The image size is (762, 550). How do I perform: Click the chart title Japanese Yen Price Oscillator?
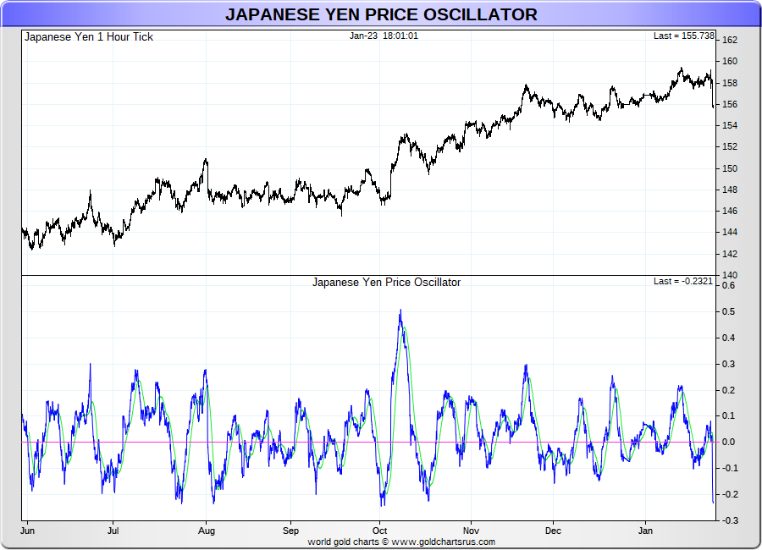coord(381,14)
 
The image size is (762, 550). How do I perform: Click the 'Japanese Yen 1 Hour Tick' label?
coord(89,36)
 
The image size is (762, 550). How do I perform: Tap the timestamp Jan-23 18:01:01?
coord(384,36)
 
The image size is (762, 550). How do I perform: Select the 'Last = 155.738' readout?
coord(684,36)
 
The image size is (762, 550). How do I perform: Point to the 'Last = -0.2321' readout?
coord(684,281)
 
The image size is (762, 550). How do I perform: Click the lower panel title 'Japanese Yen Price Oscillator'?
coord(386,282)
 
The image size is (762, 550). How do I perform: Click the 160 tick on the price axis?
coord(729,61)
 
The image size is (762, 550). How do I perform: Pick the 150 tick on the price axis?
coord(729,168)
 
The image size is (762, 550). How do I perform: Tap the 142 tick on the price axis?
coord(729,254)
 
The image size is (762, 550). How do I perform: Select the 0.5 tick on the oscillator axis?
coord(728,311)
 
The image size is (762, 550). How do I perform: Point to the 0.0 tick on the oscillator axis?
coord(728,442)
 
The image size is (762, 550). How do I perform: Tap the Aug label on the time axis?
coord(207,531)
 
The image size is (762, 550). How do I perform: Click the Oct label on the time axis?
coord(378,531)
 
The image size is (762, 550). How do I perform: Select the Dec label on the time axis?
coord(553,531)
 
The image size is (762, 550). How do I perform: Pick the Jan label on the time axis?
coord(645,531)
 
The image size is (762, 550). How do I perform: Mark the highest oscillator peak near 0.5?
coord(400,311)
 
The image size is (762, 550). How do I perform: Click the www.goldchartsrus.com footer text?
coord(443,542)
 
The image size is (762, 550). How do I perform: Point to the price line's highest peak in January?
coord(682,69)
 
